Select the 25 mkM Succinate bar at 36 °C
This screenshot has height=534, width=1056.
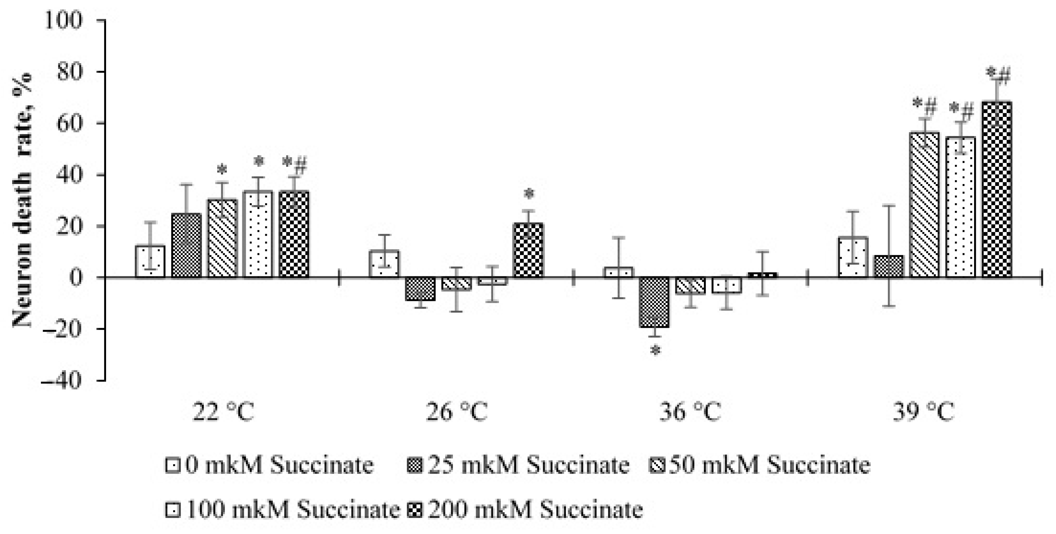pyautogui.click(x=654, y=302)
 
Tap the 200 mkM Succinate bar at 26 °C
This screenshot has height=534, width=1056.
pyautogui.click(x=529, y=250)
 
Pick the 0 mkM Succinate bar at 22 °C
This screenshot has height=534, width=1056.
pyautogui.click(x=150, y=262)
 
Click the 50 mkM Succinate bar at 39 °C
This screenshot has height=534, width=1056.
pyautogui.click(x=924, y=205)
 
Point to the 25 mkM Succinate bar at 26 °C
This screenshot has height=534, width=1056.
pyautogui.click(x=421, y=289)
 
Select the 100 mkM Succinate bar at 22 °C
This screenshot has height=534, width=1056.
pyautogui.click(x=257, y=234)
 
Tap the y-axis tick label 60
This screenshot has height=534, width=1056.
pyautogui.click(x=70, y=123)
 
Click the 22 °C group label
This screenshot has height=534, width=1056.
pyautogui.click(x=224, y=412)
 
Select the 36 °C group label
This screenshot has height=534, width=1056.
pyautogui.click(x=690, y=412)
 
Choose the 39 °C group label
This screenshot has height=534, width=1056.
pyautogui.click(x=924, y=412)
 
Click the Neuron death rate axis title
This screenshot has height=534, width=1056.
pyautogui.click(x=22, y=200)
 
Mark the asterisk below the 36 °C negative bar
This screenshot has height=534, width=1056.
pyautogui.click(x=656, y=351)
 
